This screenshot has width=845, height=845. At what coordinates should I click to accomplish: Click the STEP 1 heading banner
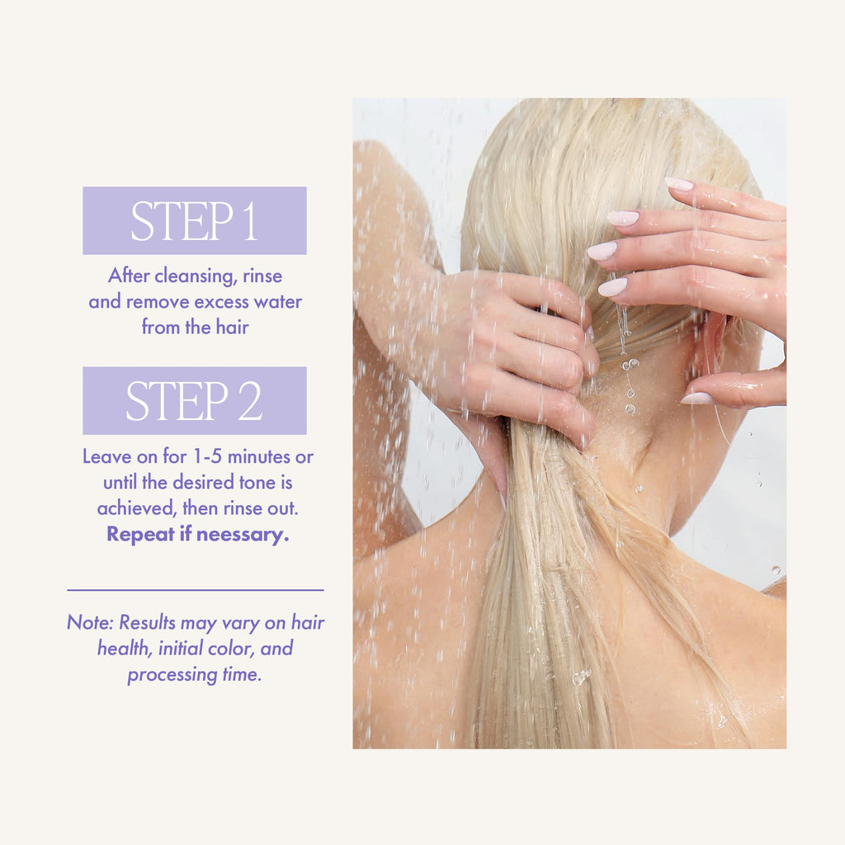tap(195, 220)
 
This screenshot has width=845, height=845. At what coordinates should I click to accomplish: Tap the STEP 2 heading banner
tap(195, 400)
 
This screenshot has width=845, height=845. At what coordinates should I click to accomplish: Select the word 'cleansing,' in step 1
tap(196, 276)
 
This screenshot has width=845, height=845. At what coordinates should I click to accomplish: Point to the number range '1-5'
tap(207, 456)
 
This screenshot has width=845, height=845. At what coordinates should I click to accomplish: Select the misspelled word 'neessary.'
tap(243, 535)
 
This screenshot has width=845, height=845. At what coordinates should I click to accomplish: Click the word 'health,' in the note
tap(125, 649)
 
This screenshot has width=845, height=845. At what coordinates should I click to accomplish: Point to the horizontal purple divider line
tap(195, 590)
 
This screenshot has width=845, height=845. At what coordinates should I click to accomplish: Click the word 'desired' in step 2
tap(203, 482)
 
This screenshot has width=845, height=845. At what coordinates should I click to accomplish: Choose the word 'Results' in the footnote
tap(147, 622)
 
